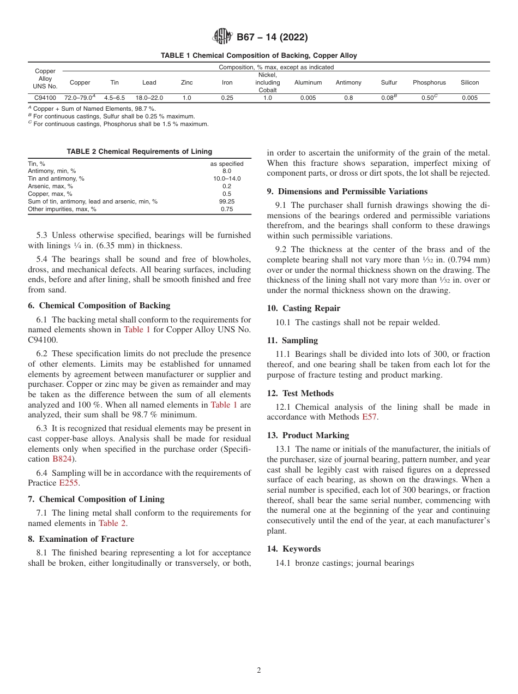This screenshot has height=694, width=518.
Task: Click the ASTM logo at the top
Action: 222,37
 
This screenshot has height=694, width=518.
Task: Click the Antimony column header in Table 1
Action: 348,82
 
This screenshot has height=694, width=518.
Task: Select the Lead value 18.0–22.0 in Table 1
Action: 149,98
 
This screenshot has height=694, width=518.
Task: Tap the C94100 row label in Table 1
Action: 45,98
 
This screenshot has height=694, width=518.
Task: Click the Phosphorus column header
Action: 429,82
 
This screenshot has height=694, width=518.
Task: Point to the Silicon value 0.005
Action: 469,98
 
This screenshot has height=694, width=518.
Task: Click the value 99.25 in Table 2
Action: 227,201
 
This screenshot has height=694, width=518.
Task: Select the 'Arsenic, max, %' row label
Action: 50,186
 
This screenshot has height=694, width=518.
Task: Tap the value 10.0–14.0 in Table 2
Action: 227,178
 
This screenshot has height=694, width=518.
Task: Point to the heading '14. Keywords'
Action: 293,549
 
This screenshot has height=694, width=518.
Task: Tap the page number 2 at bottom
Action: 259,671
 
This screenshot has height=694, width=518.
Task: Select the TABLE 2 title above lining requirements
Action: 139,152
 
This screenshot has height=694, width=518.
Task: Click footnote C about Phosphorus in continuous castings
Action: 118,124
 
